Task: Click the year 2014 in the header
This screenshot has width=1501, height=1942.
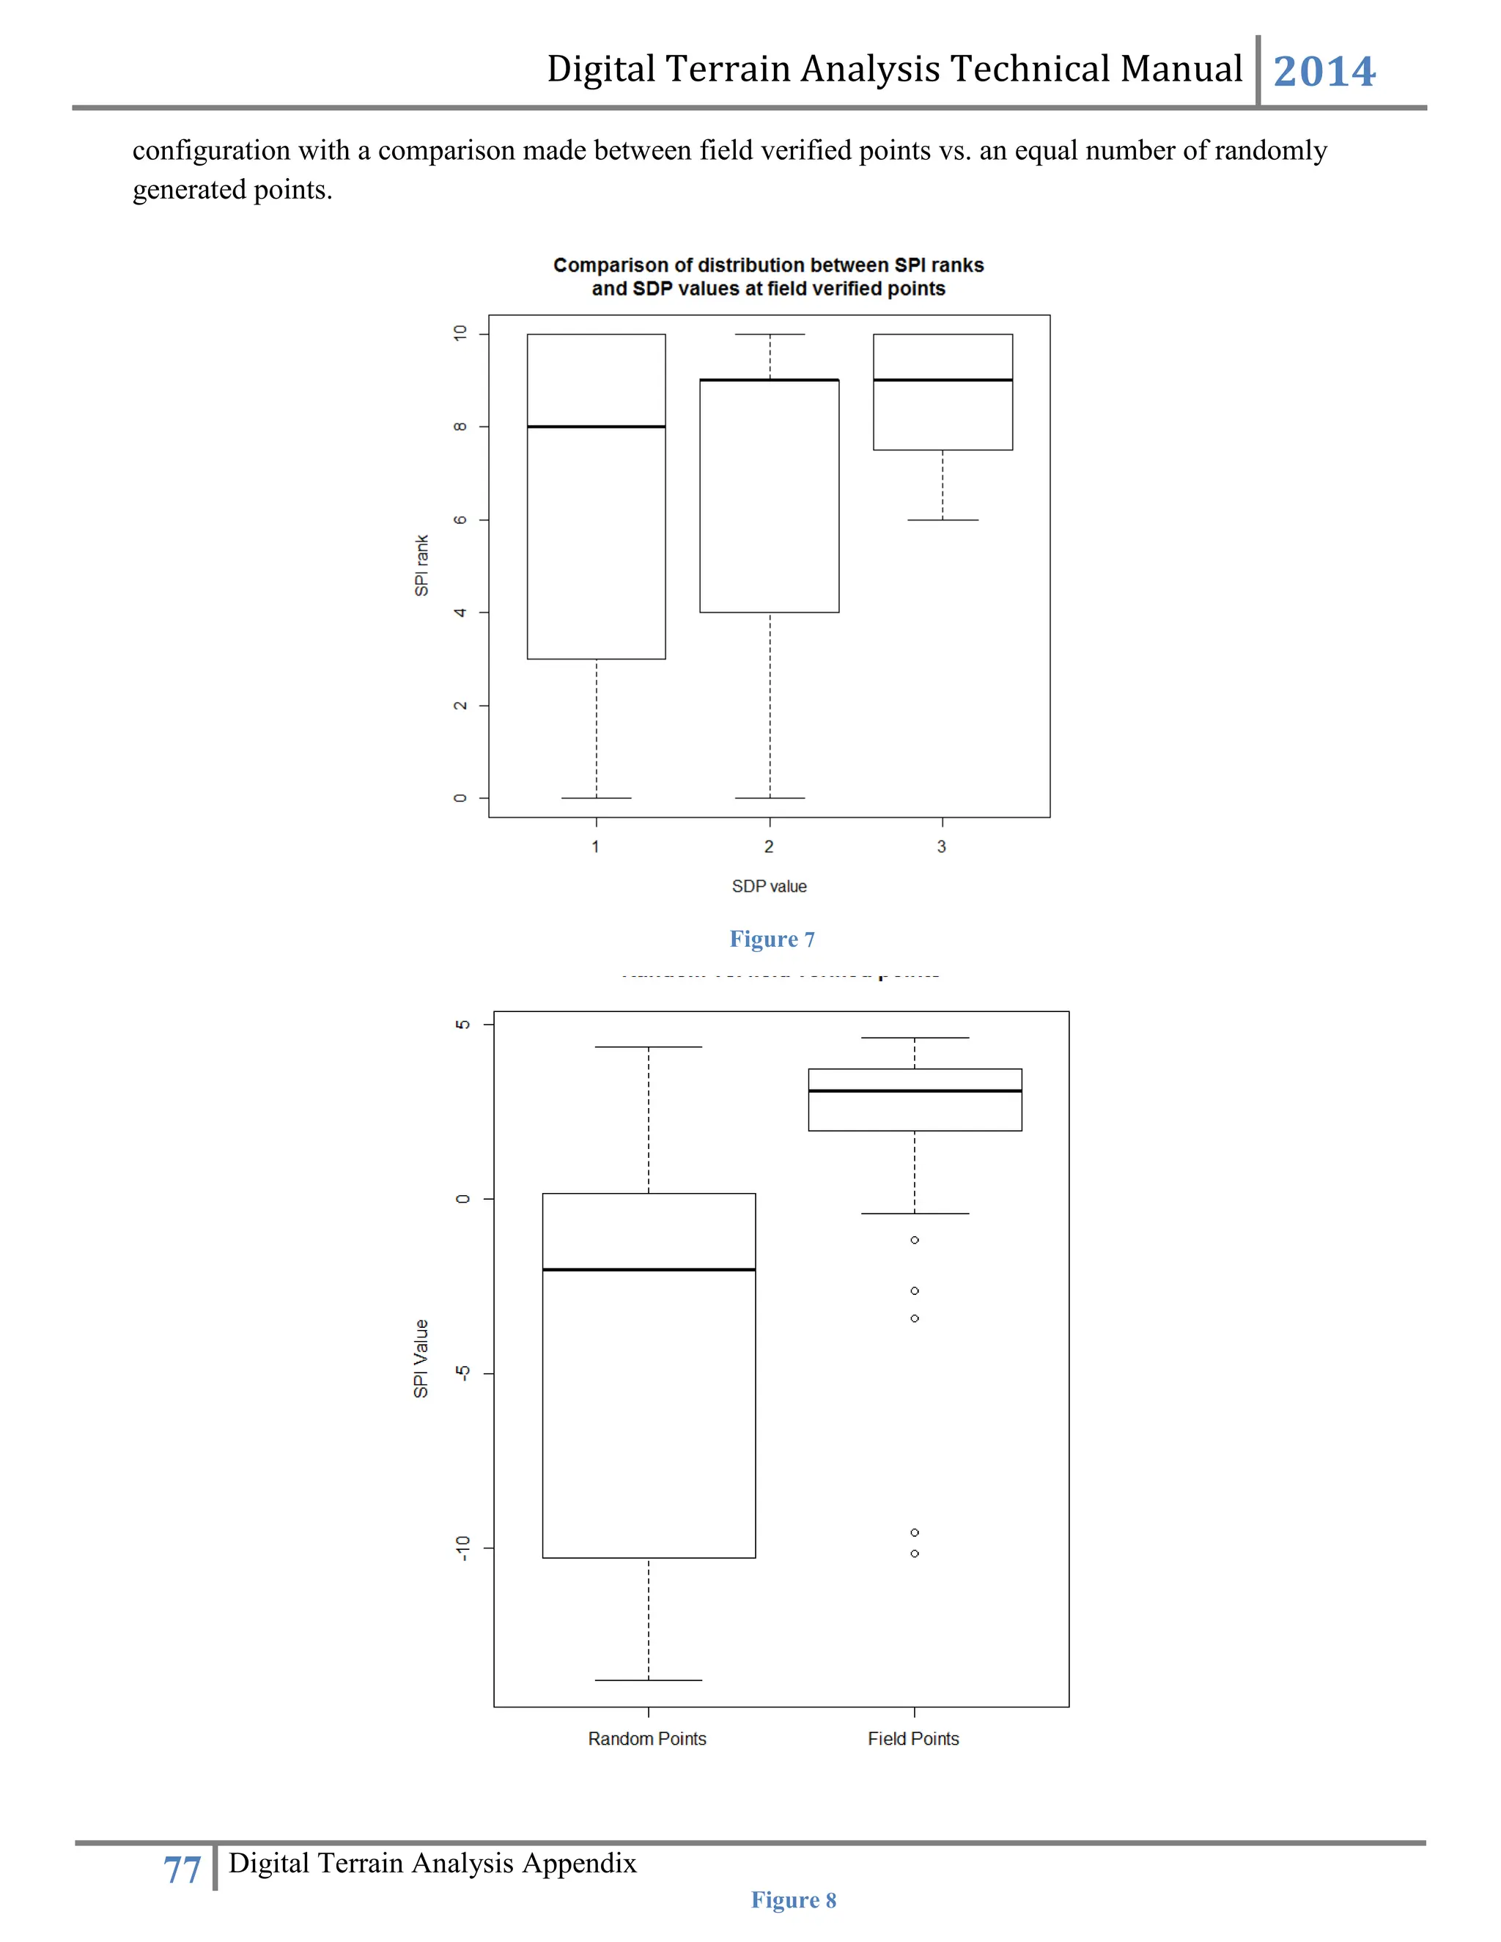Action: coord(1324,72)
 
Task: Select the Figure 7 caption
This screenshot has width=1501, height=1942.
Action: coord(772,939)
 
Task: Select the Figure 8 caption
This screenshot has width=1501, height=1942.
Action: coord(793,1900)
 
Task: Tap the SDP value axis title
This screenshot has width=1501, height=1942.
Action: coord(769,887)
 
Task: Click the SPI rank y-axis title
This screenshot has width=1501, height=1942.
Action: coord(421,566)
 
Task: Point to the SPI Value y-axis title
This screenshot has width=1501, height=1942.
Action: coord(421,1358)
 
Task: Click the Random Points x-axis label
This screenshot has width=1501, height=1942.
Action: coord(647,1738)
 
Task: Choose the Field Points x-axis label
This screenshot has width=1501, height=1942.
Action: coord(913,1738)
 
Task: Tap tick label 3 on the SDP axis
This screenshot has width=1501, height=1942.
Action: coord(942,846)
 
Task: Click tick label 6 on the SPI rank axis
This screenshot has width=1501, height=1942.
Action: coord(460,520)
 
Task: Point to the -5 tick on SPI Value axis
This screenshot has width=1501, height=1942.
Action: coord(462,1373)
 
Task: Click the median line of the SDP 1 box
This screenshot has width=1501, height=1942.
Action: coord(596,427)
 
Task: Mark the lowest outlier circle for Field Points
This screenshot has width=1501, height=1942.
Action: coord(914,1554)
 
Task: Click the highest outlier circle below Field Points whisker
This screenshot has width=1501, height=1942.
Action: coord(914,1239)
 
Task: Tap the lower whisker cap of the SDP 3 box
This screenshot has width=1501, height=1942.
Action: coord(943,520)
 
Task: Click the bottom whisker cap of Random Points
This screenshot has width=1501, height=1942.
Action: coord(648,1680)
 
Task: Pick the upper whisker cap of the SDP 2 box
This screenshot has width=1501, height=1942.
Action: coord(770,334)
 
